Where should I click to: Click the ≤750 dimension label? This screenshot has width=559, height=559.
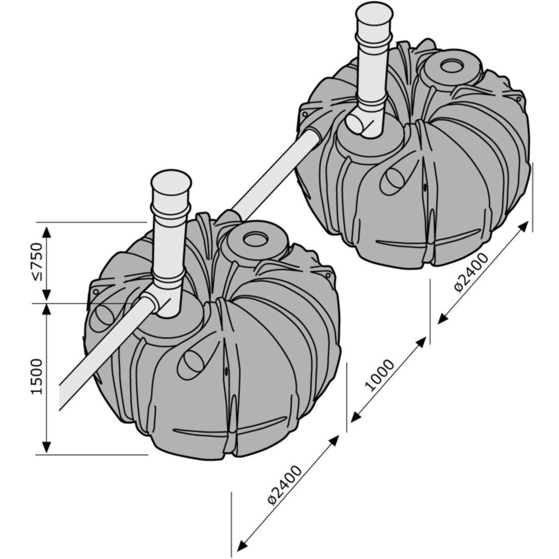tap(37, 262)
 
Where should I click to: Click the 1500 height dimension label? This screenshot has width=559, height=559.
tap(37, 376)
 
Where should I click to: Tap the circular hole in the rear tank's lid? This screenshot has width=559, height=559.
tap(452, 65)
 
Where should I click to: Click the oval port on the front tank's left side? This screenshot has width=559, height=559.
tap(101, 317)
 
